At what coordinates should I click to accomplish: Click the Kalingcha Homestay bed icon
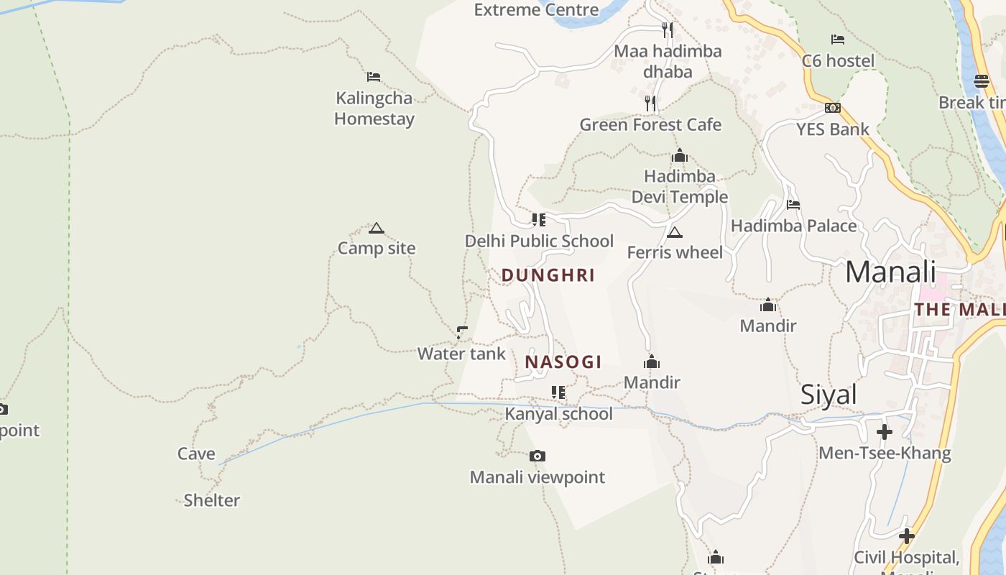(x=373, y=76)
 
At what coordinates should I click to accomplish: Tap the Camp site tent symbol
(x=376, y=229)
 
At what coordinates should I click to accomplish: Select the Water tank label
(x=461, y=354)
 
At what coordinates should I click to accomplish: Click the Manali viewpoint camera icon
(x=537, y=456)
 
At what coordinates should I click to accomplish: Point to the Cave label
(x=196, y=454)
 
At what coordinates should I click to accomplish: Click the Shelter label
(x=211, y=500)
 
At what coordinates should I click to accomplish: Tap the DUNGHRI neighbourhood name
(x=548, y=275)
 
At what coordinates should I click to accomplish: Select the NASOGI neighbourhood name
(x=563, y=362)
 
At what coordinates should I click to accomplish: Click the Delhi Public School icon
(x=538, y=220)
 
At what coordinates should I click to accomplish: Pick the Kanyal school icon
(x=558, y=392)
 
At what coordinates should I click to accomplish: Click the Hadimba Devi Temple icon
(x=679, y=155)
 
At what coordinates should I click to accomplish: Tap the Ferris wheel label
(x=675, y=252)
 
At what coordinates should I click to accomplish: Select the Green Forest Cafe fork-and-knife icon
(x=650, y=103)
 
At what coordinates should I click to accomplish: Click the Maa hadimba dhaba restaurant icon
(x=668, y=29)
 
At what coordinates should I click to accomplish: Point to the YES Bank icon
(x=833, y=108)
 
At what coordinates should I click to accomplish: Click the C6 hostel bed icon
(x=837, y=40)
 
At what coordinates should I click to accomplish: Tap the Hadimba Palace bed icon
(x=793, y=205)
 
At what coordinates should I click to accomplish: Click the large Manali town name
(x=890, y=272)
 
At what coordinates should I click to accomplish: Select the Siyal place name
(x=829, y=395)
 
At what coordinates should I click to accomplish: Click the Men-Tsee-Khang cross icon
(x=885, y=432)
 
